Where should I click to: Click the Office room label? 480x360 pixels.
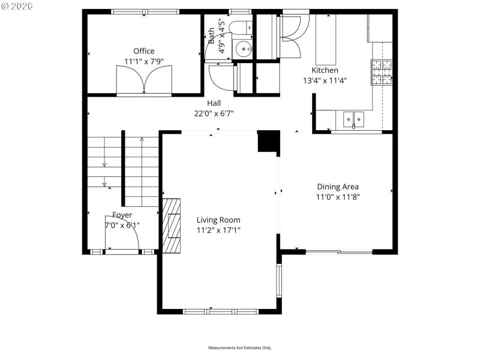[x=144, y=51]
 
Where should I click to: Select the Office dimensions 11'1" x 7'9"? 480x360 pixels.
[x=144, y=61]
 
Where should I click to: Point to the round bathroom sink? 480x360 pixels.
[x=244, y=49]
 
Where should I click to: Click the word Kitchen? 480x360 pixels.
[x=325, y=70]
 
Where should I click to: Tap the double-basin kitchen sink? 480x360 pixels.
[x=354, y=119]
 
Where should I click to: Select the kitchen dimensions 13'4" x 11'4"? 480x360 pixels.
[x=325, y=80]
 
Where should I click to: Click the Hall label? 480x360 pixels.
[x=214, y=103]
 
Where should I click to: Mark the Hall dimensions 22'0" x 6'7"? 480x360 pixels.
[x=214, y=113]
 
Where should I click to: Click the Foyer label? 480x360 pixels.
[x=122, y=215]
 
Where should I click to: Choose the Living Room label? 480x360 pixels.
[x=218, y=220]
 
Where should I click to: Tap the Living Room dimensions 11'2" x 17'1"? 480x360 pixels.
[x=218, y=230]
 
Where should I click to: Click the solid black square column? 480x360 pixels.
[x=268, y=142]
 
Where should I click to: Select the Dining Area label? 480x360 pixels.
[x=338, y=187]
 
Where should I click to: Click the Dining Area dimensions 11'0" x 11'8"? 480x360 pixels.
[x=338, y=197]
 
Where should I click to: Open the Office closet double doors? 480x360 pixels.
[x=144, y=79]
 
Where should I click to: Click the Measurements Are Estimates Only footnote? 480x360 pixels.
[x=240, y=348]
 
